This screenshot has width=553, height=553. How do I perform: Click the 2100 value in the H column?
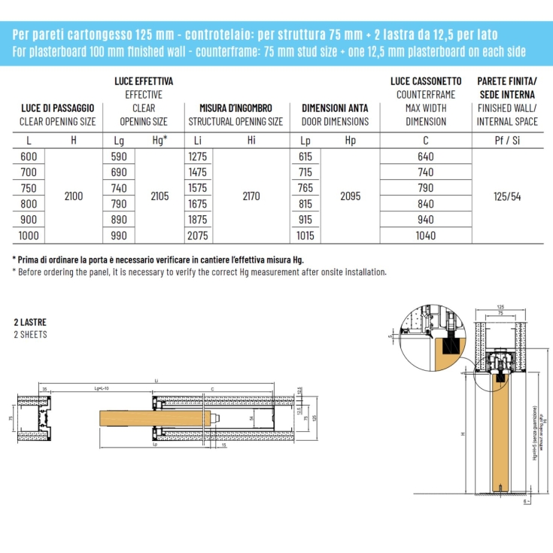tap(74, 196)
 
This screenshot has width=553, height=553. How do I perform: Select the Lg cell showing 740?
tap(119, 188)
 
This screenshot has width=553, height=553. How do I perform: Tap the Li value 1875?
tap(198, 220)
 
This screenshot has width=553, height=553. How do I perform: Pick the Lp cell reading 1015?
tap(305, 235)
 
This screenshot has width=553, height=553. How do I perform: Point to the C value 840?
tap(425, 204)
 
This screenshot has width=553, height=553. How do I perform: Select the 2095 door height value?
tap(350, 196)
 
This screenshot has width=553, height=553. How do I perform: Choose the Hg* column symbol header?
tap(160, 139)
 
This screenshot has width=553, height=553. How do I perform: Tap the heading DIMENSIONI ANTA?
tap(335, 108)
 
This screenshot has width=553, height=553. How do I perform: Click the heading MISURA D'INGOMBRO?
tap(235, 108)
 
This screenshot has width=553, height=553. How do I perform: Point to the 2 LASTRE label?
tap(30, 322)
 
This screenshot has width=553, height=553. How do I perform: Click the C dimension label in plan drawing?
tap(214, 389)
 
